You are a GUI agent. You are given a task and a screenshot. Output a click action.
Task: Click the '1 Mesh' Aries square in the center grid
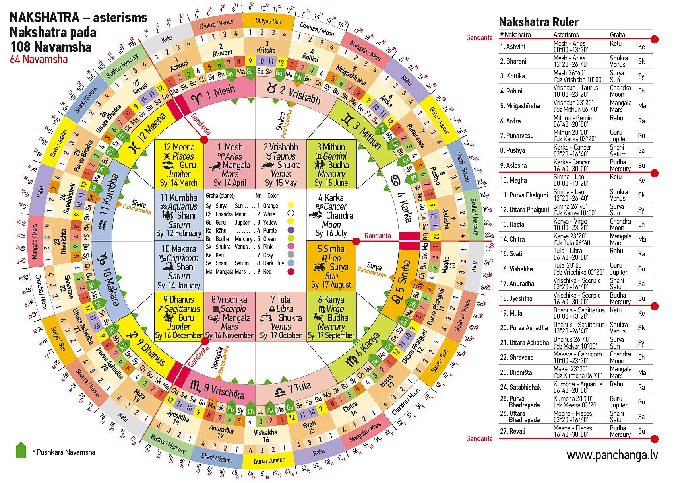[x=230, y=164]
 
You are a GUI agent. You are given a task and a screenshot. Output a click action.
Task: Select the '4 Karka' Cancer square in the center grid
[x=331, y=215]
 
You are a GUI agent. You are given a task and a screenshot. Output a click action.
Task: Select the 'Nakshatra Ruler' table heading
[x=538, y=22]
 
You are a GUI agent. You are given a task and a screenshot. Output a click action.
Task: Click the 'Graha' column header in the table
[x=618, y=35]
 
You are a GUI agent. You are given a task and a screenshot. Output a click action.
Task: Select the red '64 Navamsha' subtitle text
[x=39, y=59]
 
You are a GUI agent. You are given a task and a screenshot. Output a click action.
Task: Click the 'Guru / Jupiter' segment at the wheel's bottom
[x=269, y=460]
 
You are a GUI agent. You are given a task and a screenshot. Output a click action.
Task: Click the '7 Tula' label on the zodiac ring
[x=293, y=388]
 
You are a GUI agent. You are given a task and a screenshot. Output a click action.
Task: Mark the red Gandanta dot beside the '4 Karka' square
[x=356, y=241]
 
